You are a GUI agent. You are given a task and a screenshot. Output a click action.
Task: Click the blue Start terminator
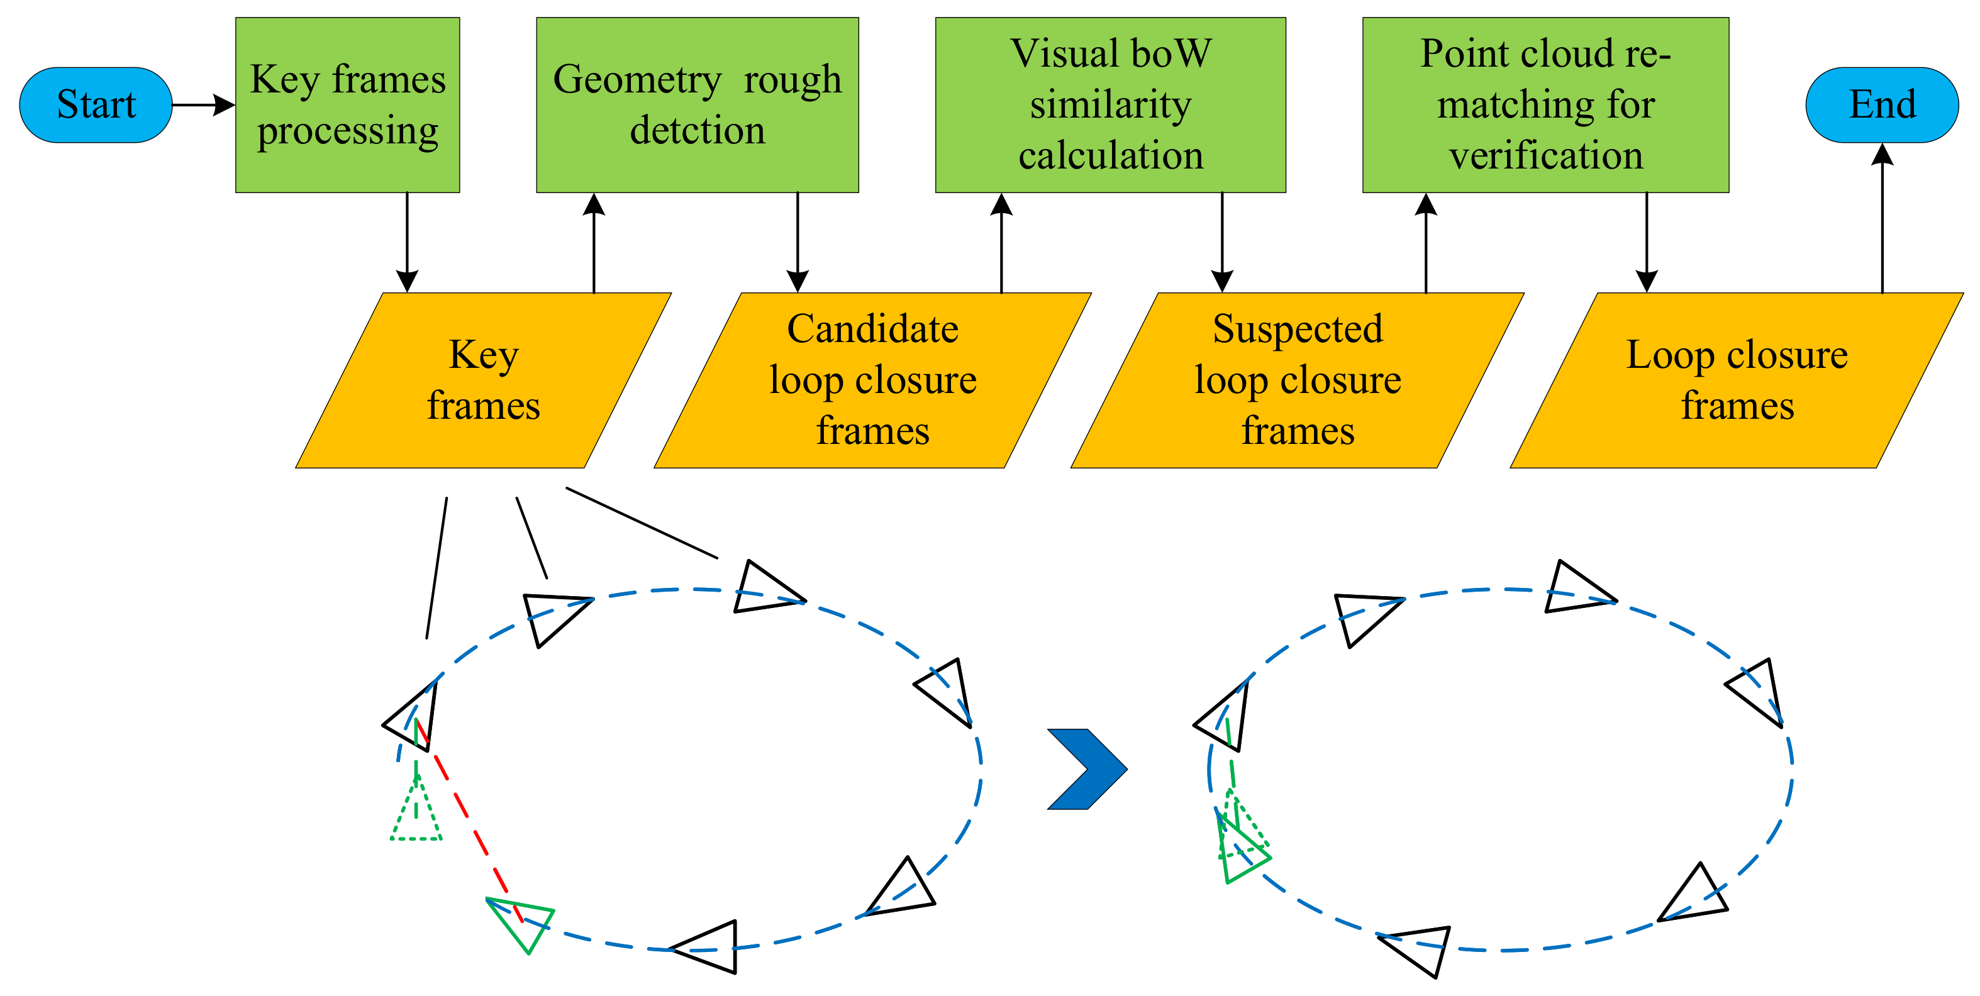click(96, 104)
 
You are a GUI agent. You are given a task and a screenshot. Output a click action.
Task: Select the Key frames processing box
click(347, 104)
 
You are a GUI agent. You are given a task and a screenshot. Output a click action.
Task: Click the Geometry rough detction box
click(696, 104)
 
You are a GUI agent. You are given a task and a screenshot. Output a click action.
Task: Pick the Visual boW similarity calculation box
click(1110, 104)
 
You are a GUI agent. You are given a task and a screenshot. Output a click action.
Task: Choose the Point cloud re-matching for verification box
click(1545, 104)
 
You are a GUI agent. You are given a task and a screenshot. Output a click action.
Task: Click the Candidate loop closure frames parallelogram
click(872, 380)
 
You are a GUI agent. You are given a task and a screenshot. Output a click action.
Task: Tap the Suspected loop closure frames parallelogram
click(1298, 380)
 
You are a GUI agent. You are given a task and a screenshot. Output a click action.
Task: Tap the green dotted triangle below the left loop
click(416, 815)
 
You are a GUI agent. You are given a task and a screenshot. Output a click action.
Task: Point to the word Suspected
click(1298, 329)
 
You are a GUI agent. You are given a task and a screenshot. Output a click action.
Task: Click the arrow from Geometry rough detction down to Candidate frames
click(798, 242)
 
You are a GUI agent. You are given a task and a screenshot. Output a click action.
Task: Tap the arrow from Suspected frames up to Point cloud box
click(1426, 242)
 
